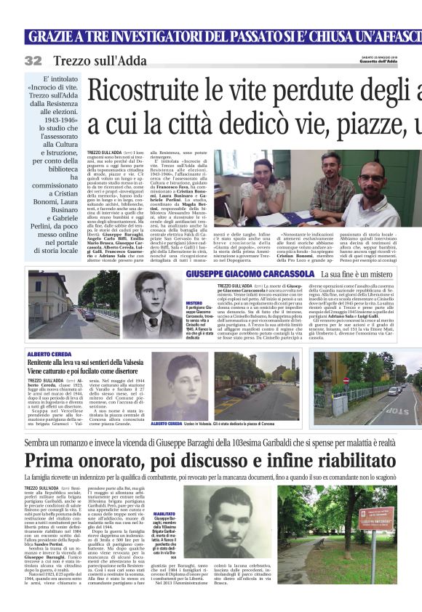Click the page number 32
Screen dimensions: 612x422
[33, 60]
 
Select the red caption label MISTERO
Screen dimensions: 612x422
[193, 302]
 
